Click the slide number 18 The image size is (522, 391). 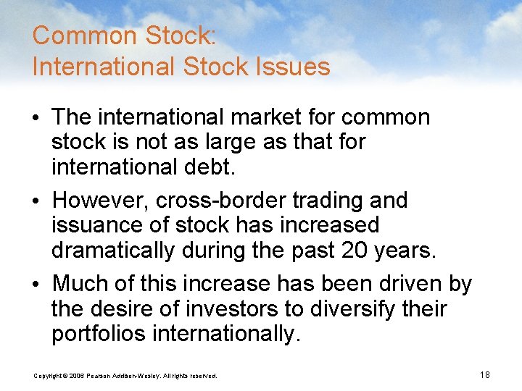coord(485,374)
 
